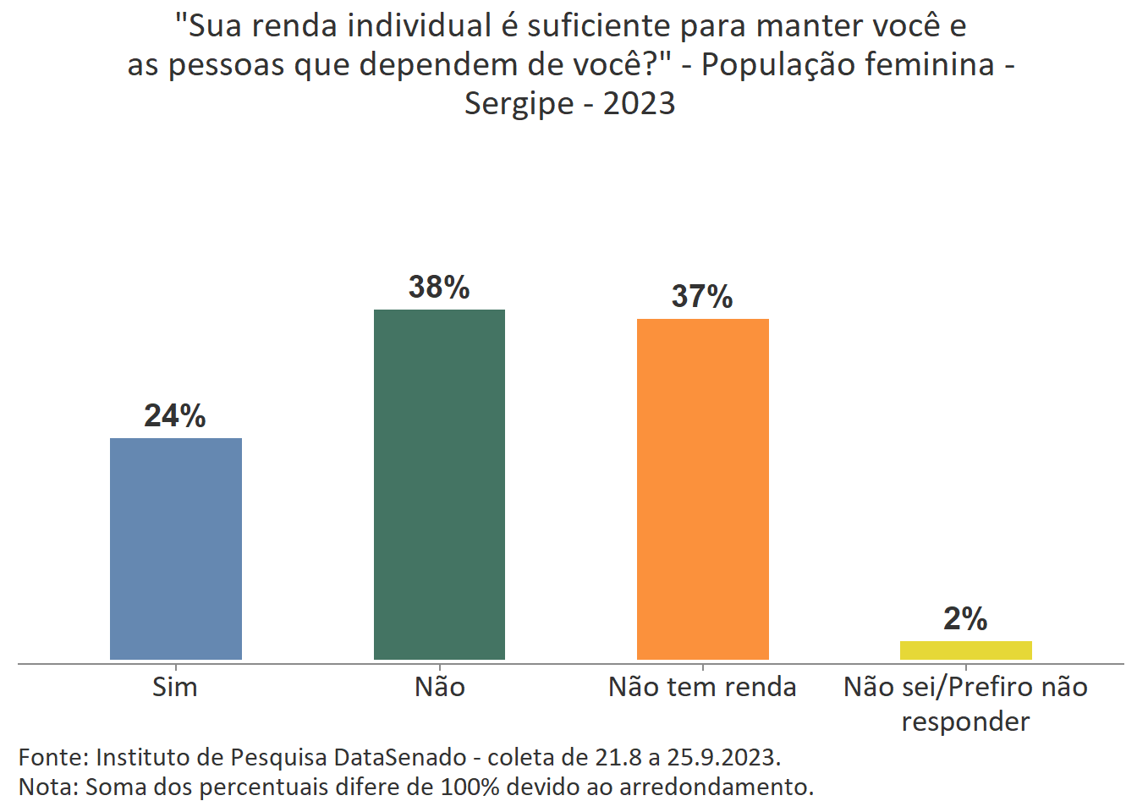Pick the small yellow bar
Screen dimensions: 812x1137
point(965,650)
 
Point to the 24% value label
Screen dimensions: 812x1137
point(175,416)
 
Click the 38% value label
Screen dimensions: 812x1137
point(439,288)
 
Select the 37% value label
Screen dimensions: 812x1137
point(702,297)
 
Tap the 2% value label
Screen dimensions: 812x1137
point(965,619)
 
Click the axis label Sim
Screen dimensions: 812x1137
point(175,687)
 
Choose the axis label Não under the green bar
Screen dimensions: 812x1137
point(439,687)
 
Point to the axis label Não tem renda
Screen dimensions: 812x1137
point(702,687)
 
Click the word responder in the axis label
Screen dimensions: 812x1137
point(965,721)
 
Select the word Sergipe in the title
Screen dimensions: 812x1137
point(519,104)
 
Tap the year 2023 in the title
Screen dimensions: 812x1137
point(639,103)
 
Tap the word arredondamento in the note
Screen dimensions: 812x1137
point(716,787)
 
